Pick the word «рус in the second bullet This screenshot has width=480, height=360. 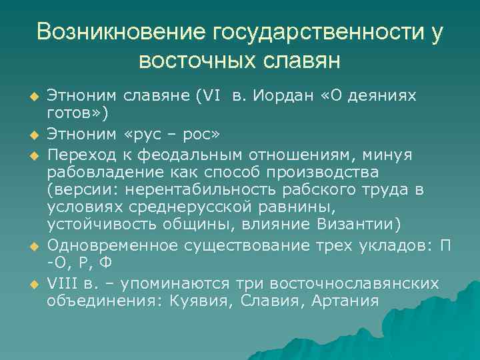click(137, 135)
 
